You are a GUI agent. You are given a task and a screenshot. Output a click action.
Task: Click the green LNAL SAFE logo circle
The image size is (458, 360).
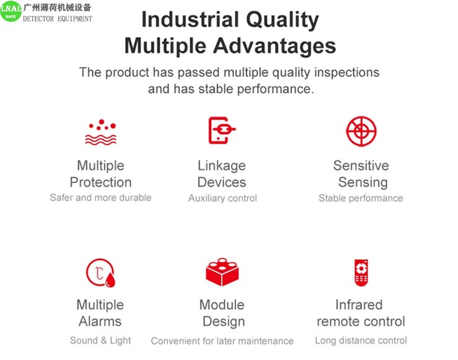click(x=11, y=11)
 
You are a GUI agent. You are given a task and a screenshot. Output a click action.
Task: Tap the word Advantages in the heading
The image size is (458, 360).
click(x=275, y=46)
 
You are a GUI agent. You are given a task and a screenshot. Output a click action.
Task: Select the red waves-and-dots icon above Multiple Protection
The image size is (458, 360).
click(x=101, y=132)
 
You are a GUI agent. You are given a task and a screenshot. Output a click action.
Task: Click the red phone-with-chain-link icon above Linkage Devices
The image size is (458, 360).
click(x=222, y=130)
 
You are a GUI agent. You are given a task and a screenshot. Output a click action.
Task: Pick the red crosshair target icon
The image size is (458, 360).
click(x=361, y=131)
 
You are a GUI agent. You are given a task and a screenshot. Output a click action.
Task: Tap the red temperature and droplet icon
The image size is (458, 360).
click(x=100, y=273)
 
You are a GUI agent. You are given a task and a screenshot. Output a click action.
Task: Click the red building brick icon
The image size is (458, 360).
click(x=222, y=272)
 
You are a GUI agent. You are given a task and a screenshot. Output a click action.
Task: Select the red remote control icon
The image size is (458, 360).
click(x=361, y=273)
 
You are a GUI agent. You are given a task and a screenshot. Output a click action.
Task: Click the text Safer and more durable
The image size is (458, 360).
click(x=101, y=198)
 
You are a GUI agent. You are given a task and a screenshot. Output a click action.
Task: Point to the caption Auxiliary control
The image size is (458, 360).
click(x=222, y=198)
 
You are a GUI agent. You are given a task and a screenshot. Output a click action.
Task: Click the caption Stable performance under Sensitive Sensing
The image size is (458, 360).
click(x=361, y=198)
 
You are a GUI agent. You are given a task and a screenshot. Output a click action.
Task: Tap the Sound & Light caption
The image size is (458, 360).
click(x=100, y=340)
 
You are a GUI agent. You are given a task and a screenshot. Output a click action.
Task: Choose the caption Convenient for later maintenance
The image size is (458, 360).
click(x=222, y=341)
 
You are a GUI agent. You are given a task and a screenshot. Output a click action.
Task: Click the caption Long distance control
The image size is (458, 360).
click(x=361, y=340)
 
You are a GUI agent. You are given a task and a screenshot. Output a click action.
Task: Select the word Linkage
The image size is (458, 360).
click(x=222, y=166)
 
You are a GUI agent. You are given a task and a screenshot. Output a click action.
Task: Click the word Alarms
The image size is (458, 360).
click(x=100, y=322)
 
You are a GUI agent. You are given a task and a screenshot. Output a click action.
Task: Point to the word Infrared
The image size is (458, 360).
click(x=359, y=305)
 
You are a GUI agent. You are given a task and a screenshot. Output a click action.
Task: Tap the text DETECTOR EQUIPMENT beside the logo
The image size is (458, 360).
click(x=58, y=19)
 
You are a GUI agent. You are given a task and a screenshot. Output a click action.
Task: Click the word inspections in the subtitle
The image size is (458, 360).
click(x=346, y=72)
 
